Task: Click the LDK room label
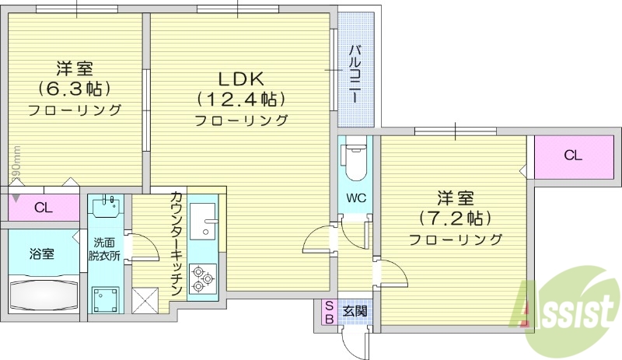[x=240, y=79]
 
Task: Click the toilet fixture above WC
[x=355, y=160]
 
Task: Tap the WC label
[x=355, y=197]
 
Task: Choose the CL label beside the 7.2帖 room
[x=572, y=156]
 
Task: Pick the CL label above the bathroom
[x=44, y=208]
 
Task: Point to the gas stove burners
[x=203, y=278]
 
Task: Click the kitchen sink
[x=203, y=221]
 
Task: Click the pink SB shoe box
[x=329, y=311]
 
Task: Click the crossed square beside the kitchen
[x=146, y=299]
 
